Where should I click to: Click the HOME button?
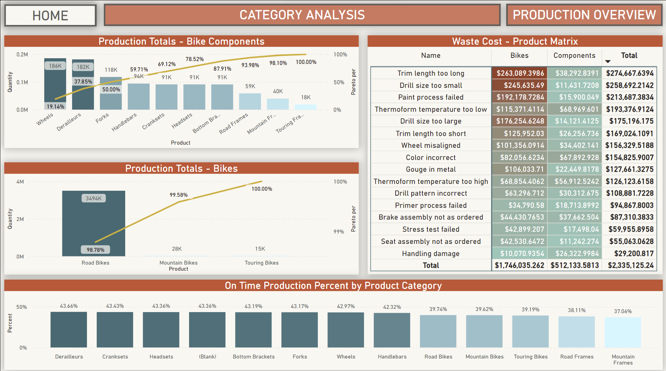tap(50, 15)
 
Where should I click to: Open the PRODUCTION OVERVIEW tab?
tap(584, 15)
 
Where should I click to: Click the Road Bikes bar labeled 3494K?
tap(93, 223)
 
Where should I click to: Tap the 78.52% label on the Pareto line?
tap(194, 59)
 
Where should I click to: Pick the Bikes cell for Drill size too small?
tap(519, 85)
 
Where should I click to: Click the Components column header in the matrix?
tap(574, 55)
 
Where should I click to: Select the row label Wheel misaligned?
tap(431, 145)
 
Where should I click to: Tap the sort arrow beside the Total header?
tap(608, 62)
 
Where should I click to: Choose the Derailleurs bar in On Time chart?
tap(68, 330)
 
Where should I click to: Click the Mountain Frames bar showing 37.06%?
tap(622, 332)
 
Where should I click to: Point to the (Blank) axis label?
tap(207, 357)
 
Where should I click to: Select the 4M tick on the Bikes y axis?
tap(20, 182)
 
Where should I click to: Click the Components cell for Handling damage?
tap(574, 254)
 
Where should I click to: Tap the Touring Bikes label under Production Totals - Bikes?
tap(261, 263)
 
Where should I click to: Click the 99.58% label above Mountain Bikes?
tap(178, 195)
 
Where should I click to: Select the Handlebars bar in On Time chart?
tap(392, 330)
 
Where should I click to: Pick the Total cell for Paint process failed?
tap(629, 97)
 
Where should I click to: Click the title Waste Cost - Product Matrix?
tap(515, 41)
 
